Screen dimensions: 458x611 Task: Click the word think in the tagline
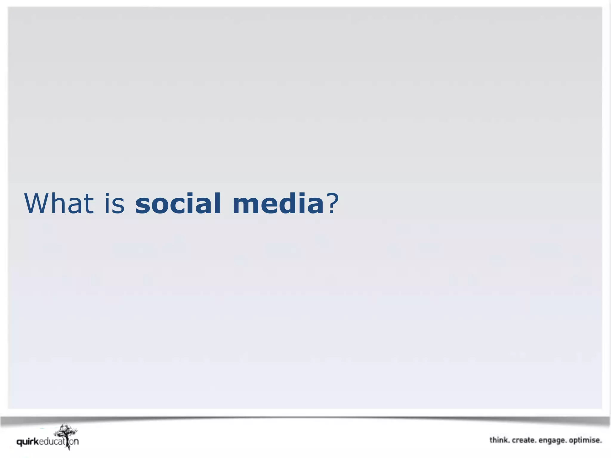tap(499, 440)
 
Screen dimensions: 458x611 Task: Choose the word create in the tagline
tap(524, 440)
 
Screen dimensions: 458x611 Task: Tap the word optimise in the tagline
tap(585, 440)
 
